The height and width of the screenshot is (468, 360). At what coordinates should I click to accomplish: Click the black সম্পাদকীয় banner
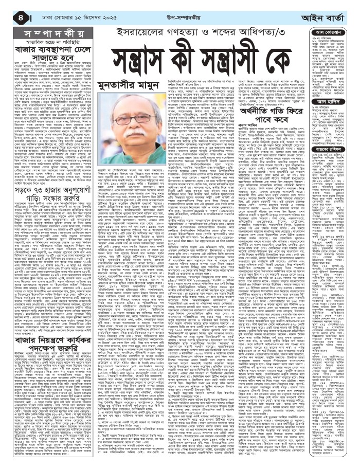pos(40,30)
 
